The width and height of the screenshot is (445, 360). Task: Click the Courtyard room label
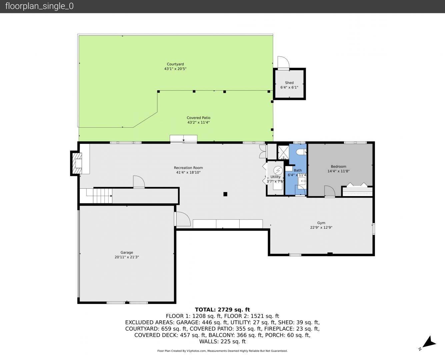(x=175, y=64)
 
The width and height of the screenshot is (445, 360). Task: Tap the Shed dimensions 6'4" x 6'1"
(x=289, y=87)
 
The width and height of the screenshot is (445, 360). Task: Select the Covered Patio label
(x=198, y=118)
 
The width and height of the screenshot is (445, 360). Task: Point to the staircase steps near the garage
(x=103, y=196)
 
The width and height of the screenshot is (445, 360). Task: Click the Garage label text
(x=127, y=252)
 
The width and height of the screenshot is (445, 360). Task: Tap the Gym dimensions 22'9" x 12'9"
(x=321, y=227)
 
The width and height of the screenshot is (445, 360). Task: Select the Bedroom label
(x=338, y=167)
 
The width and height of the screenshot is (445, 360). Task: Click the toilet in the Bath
(x=301, y=152)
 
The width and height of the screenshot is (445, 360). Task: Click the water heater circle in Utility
(x=278, y=170)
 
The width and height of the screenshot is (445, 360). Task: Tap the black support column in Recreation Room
(x=225, y=194)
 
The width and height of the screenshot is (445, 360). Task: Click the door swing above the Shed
(x=283, y=62)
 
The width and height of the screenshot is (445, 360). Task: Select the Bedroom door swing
(x=330, y=191)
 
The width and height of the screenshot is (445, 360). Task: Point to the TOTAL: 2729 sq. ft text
(x=222, y=310)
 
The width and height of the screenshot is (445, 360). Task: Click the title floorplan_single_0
(x=39, y=6)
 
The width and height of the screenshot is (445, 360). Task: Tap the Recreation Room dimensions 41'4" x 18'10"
(x=188, y=172)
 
